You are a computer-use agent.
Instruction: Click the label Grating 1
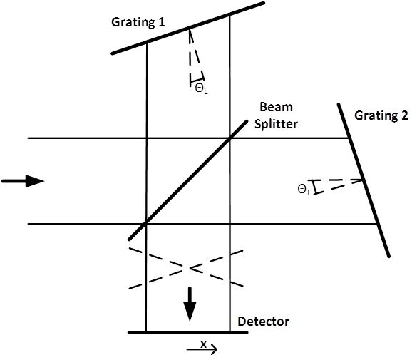pyautogui.click(x=138, y=22)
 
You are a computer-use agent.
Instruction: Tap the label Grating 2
pyautogui.click(x=381, y=116)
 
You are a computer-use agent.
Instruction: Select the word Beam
pyautogui.click(x=276, y=107)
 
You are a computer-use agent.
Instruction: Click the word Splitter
pyautogui.click(x=276, y=124)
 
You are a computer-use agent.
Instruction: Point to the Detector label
pyautogui.click(x=263, y=322)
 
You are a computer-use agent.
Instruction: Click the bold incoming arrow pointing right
pyautogui.click(x=23, y=181)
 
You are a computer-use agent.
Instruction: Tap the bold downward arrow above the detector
pyautogui.click(x=190, y=304)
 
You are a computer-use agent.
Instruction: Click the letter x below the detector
pyautogui.click(x=203, y=344)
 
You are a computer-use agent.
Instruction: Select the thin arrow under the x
pyautogui.click(x=202, y=349)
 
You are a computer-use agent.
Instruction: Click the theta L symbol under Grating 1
pyautogui.click(x=201, y=88)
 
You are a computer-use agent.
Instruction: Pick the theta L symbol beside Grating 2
pyautogui.click(x=304, y=190)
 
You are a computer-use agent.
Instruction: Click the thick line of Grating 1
pyautogui.click(x=188, y=28)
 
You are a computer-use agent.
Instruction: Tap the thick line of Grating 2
pyautogui.click(x=364, y=180)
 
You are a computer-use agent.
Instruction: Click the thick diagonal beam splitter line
pyautogui.click(x=187, y=180)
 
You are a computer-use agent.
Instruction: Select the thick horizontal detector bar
pyautogui.click(x=188, y=332)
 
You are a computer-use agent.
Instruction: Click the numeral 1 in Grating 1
pyautogui.click(x=161, y=22)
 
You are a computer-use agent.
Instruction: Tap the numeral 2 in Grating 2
pyautogui.click(x=404, y=115)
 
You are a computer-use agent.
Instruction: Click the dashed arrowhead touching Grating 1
pyautogui.click(x=190, y=34)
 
